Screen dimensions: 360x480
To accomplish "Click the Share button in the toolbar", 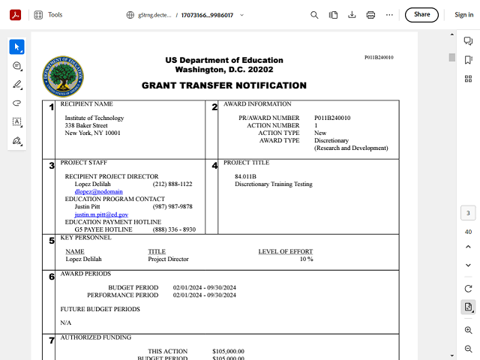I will (x=421, y=14).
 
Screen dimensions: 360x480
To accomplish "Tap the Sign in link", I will (x=463, y=14).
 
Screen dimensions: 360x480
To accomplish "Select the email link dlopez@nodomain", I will (x=93, y=192).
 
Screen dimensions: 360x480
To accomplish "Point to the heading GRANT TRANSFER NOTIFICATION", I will (x=223, y=85).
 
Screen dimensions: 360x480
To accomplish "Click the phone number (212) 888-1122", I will (x=172, y=184).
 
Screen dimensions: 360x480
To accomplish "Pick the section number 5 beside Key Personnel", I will (x=52, y=241).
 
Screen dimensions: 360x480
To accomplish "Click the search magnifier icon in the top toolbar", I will (x=314, y=14).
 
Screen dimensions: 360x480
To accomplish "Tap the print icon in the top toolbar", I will (x=370, y=14).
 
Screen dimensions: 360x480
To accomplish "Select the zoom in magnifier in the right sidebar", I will (x=468, y=330).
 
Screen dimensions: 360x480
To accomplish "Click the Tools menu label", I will (x=55, y=14).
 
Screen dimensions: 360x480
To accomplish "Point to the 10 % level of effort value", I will (x=306, y=259).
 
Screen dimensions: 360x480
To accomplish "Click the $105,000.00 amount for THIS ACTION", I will (x=229, y=351).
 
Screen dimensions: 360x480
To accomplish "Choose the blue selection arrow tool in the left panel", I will (x=16, y=47).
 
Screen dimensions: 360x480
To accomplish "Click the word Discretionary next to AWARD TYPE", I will (x=331, y=140).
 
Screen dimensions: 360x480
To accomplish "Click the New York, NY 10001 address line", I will (x=92, y=133).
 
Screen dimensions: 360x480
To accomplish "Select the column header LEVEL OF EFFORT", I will (x=285, y=251).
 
